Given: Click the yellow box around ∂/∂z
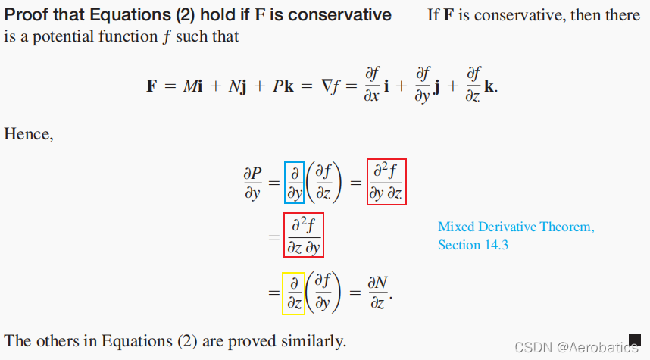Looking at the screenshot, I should coord(292,293).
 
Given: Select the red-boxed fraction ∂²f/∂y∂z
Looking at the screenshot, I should coord(386,182).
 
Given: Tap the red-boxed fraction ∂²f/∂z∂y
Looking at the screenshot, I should coord(303,236).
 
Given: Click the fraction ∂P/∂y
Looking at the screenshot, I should coord(252,183).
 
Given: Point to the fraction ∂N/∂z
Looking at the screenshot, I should coord(378,293).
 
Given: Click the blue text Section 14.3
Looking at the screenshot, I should coord(470,245).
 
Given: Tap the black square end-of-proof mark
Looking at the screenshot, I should coord(635,340).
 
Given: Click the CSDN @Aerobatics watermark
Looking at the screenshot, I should coord(575,347).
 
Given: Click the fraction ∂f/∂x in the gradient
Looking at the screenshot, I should coord(372,85).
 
